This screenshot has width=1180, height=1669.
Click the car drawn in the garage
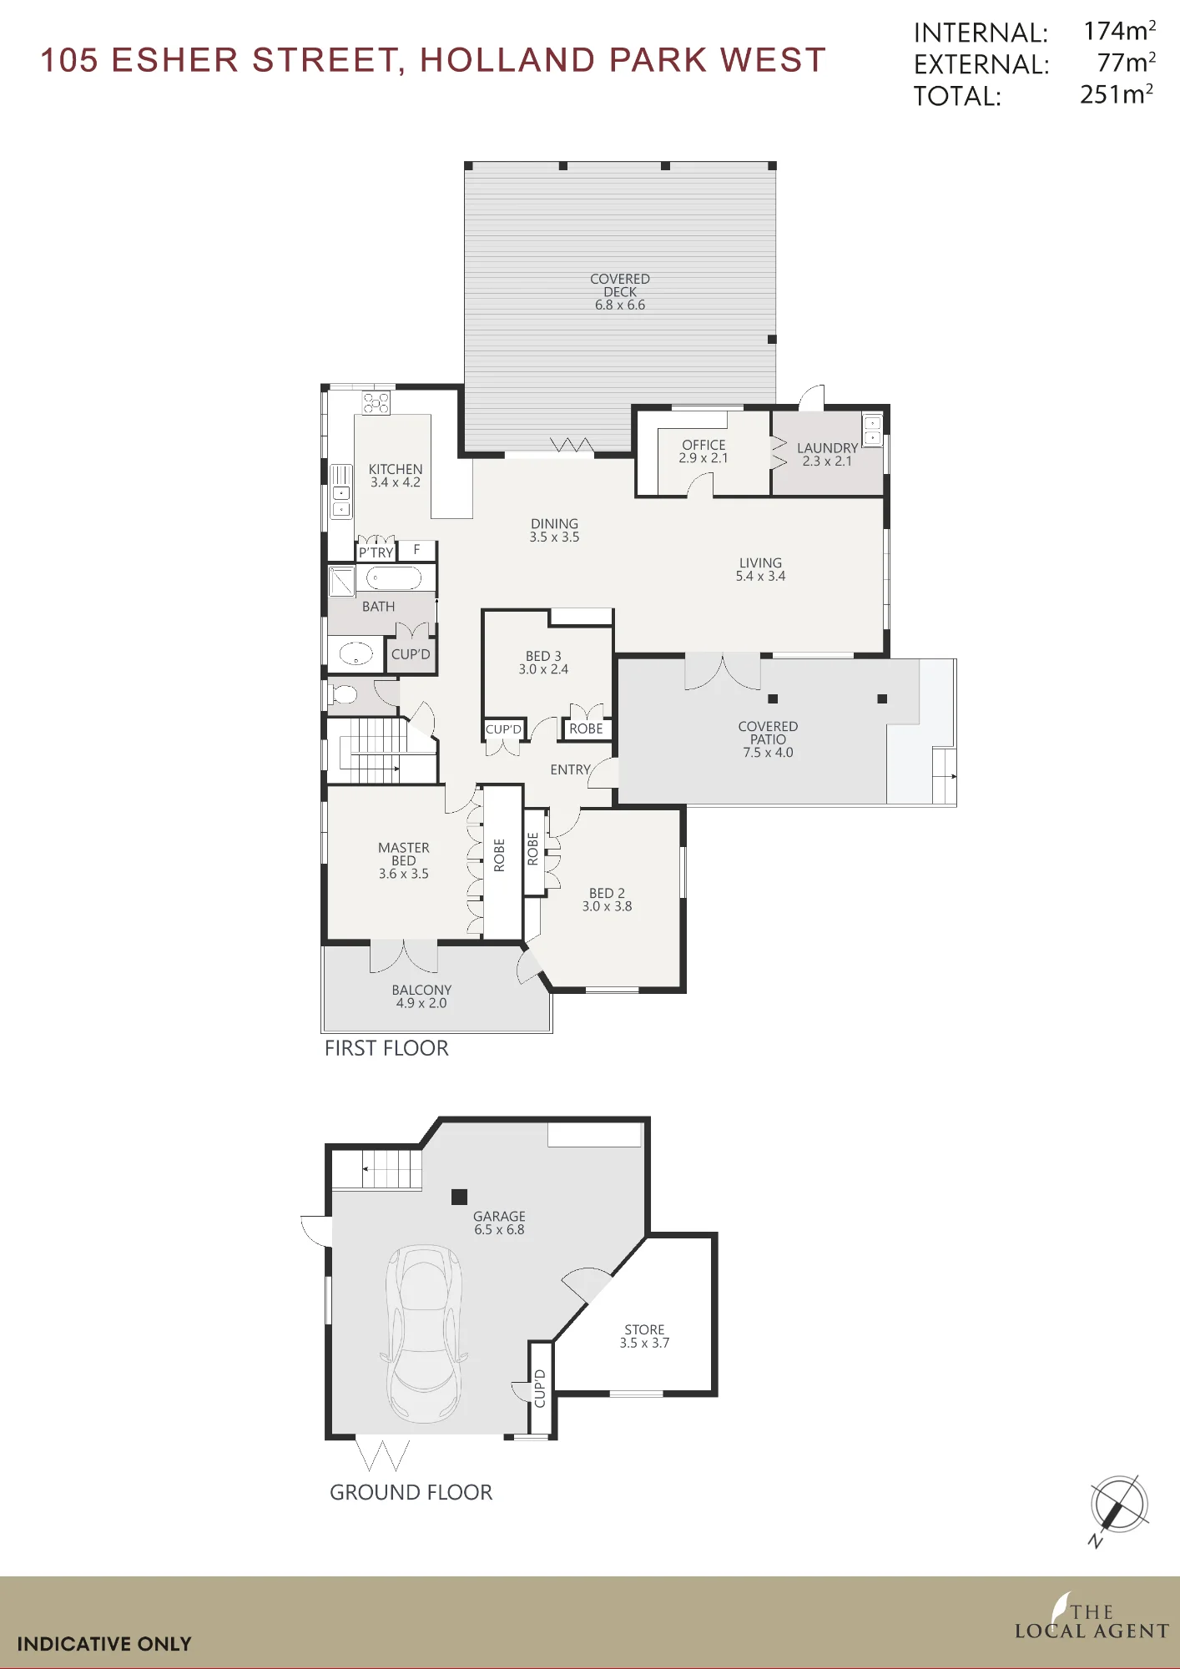pyautogui.click(x=424, y=1334)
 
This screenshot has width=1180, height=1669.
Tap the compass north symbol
pyautogui.click(x=1118, y=1508)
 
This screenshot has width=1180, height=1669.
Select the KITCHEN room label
pyautogui.click(x=396, y=470)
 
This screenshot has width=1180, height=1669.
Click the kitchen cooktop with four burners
pyautogui.click(x=376, y=402)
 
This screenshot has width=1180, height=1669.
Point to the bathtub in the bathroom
pyautogui.click(x=394, y=577)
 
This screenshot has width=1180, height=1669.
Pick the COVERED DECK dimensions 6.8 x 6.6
pyautogui.click(x=620, y=305)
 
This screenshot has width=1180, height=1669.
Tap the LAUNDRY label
pyautogui.click(x=827, y=448)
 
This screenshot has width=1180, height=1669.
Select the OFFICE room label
pyautogui.click(x=703, y=445)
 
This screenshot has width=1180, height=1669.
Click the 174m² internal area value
pyautogui.click(x=1120, y=31)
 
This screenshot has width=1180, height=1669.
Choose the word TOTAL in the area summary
pyautogui.click(x=957, y=96)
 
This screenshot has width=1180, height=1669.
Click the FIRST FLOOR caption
pyautogui.click(x=386, y=1048)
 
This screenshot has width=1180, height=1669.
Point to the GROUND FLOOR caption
pyautogui.click(x=411, y=1492)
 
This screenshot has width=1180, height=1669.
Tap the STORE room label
pyautogui.click(x=644, y=1329)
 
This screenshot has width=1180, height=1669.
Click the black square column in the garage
pyautogui.click(x=459, y=1197)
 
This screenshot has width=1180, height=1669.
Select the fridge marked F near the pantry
pyautogui.click(x=416, y=550)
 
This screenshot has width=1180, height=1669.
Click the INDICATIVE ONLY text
pyautogui.click(x=104, y=1644)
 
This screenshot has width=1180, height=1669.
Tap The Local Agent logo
pyautogui.click(x=1092, y=1617)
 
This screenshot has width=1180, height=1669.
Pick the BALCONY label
pyautogui.click(x=421, y=990)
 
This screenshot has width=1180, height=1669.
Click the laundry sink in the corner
pyautogui.click(x=872, y=431)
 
